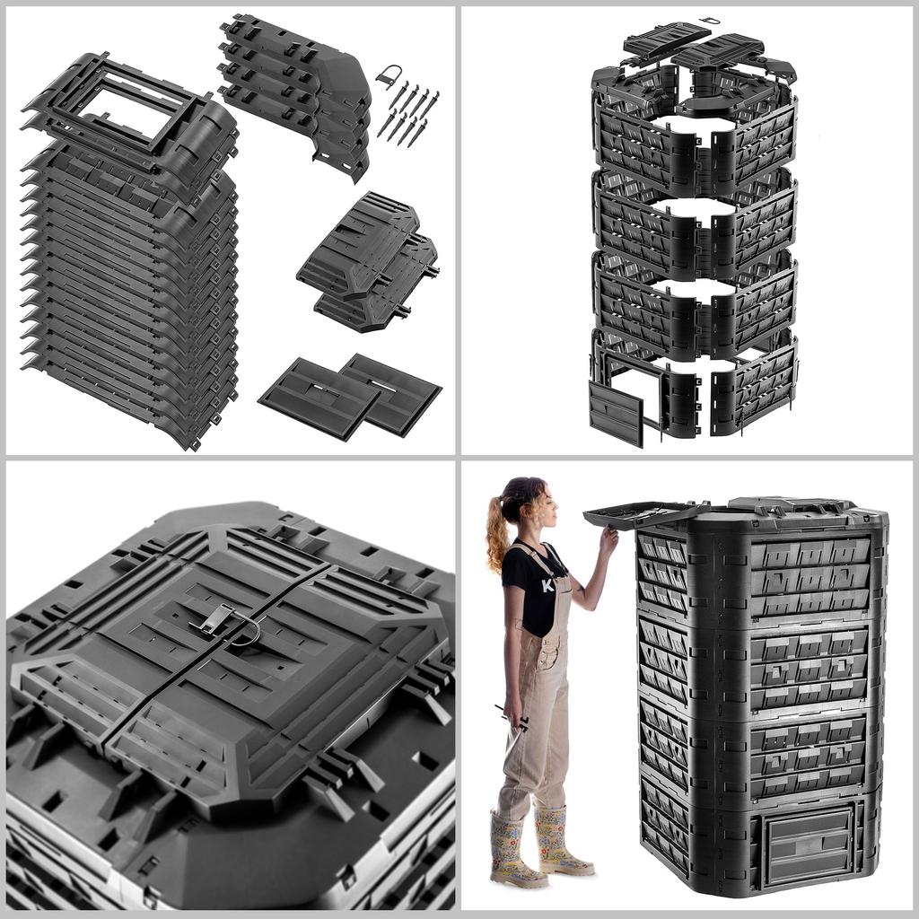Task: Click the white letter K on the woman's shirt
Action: point(547,585)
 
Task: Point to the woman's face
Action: point(545,507)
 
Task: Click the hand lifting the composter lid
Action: point(609,540)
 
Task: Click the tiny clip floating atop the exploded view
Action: point(710,20)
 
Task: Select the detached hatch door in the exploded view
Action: point(616,412)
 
